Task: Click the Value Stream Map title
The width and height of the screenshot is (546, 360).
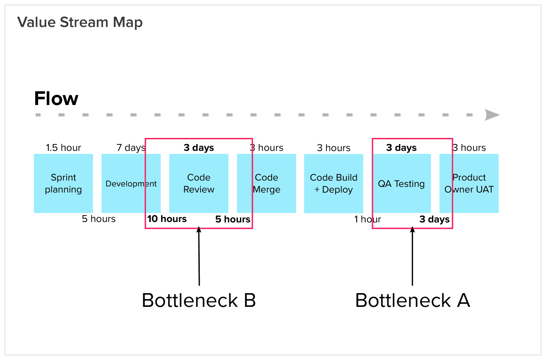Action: coord(80,22)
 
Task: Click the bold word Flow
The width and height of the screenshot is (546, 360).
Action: coord(56,99)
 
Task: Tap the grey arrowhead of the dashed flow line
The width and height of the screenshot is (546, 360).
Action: coord(492,115)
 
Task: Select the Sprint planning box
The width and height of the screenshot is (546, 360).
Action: coord(63,183)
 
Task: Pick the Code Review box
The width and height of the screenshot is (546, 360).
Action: coord(199,183)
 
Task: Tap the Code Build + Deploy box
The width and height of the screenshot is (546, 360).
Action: coord(333,183)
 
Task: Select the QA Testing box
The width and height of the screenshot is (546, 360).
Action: coord(402,183)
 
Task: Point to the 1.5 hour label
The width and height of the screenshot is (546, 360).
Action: coord(63,148)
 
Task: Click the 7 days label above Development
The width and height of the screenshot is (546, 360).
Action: coord(131,148)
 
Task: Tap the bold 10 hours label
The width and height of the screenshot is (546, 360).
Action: coord(167,219)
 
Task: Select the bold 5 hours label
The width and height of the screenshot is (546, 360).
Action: coord(233,219)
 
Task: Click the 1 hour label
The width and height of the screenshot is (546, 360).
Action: coord(367,219)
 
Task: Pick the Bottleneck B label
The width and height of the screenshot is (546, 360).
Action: coord(199,300)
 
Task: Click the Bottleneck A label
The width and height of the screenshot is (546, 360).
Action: coord(412,300)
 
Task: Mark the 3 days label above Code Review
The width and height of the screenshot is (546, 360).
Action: coord(199,148)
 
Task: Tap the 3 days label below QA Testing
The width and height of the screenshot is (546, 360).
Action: coord(434,219)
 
